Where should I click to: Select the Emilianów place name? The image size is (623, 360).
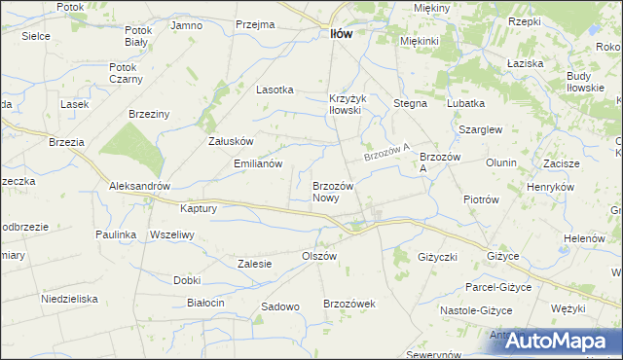click(x=258, y=163)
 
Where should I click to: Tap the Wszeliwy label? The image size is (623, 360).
click(x=173, y=234)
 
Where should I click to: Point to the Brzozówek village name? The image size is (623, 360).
click(x=349, y=304)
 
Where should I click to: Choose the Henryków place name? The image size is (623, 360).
click(x=553, y=186)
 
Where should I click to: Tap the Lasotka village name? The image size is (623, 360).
click(x=275, y=89)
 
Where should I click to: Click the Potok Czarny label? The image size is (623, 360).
click(x=126, y=73)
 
